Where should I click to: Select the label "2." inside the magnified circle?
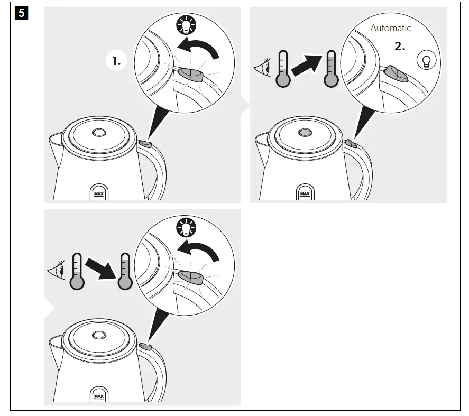click(x=400, y=46)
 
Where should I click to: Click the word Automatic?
click(x=390, y=28)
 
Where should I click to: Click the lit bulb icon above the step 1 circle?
click(x=186, y=25)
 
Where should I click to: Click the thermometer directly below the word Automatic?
click(x=332, y=69)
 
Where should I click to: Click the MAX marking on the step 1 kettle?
click(x=99, y=193)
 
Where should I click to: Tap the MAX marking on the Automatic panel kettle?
click(x=305, y=194)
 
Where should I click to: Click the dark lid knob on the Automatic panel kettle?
click(x=305, y=132)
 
